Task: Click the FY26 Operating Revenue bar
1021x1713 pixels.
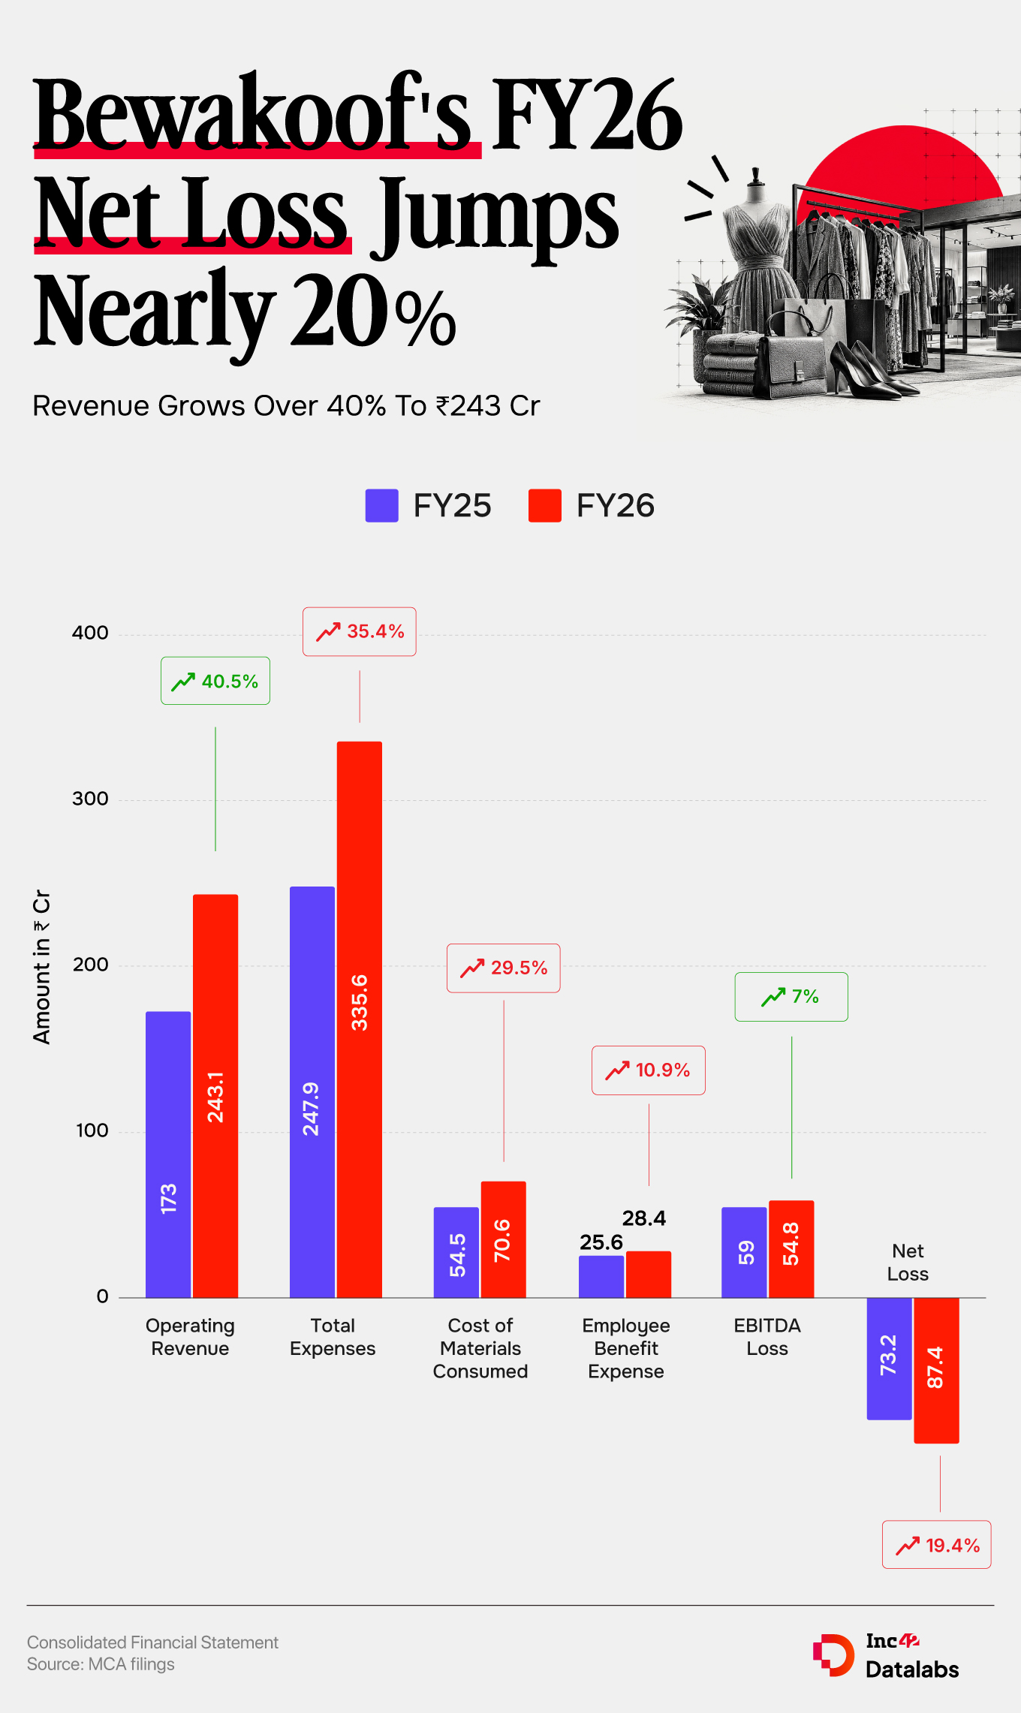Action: [x=215, y=1095]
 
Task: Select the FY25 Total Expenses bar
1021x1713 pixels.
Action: [x=312, y=1091]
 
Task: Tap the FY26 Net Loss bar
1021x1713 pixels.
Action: [x=936, y=1370]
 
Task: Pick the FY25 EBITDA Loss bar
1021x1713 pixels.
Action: [x=744, y=1252]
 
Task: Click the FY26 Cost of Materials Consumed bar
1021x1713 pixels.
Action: [x=503, y=1239]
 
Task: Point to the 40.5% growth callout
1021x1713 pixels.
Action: [x=215, y=681]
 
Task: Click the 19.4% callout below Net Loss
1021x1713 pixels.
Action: [x=937, y=1545]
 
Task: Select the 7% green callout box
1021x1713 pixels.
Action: [x=791, y=997]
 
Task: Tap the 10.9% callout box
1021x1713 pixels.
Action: [x=649, y=1070]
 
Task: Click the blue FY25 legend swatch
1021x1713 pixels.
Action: [x=381, y=505]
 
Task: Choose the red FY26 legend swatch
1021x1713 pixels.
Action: [x=545, y=505]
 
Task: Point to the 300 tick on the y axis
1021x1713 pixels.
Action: [x=90, y=799]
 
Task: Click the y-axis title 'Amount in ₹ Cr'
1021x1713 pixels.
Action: [x=41, y=967]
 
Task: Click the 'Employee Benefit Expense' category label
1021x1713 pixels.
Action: [x=626, y=1348]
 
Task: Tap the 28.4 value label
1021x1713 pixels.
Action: [x=644, y=1218]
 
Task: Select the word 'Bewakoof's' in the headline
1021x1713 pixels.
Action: [x=253, y=114]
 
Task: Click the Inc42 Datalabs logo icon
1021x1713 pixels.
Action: [x=833, y=1655]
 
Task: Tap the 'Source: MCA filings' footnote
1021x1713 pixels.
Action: [x=101, y=1664]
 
